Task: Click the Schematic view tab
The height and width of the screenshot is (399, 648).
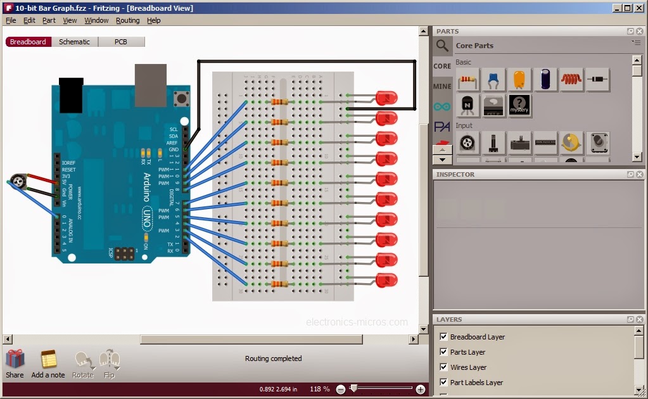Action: tap(74, 42)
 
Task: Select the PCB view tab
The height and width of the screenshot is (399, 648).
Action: tap(120, 42)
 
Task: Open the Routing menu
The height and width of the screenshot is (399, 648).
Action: tap(127, 20)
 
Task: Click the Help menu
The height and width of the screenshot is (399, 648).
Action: tap(154, 20)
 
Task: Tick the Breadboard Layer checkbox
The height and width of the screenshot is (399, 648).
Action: tap(443, 337)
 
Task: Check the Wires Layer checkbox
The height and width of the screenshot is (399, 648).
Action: tap(443, 367)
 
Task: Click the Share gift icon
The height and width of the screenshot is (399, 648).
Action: tap(15, 359)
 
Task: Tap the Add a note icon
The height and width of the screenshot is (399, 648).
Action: tap(48, 360)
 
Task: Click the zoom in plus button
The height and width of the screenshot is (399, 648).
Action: tap(421, 389)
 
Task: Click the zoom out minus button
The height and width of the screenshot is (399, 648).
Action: tap(341, 389)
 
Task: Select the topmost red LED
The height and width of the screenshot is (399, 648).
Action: tap(386, 98)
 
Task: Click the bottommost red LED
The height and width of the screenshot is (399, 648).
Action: tap(386, 280)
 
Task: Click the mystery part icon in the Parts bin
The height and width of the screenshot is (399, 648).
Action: tap(519, 105)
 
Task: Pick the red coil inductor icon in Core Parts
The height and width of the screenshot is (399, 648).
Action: tap(571, 80)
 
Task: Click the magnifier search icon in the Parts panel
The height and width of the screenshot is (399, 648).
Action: tap(442, 46)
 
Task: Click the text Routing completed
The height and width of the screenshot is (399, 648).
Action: tap(273, 358)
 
